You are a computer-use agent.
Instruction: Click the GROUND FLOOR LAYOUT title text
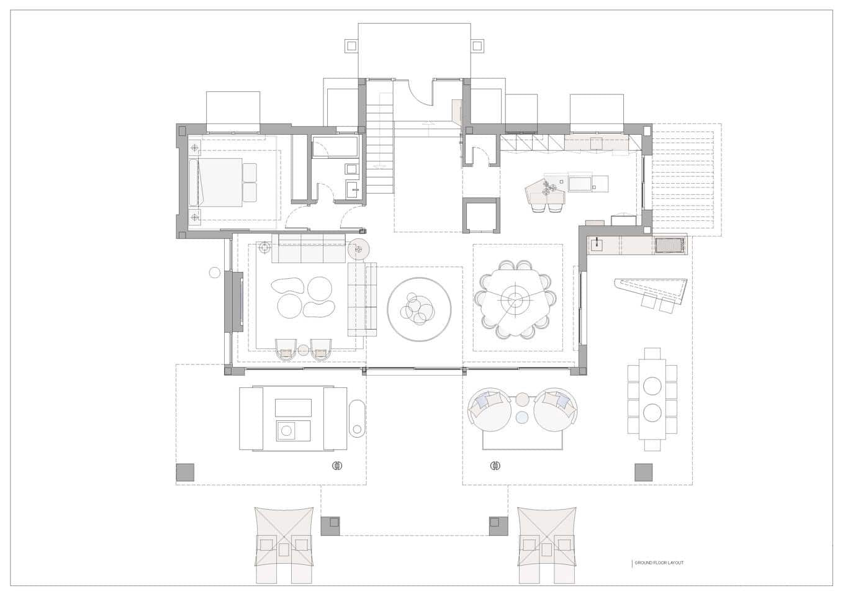click(x=659, y=563)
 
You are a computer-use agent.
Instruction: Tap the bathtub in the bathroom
click(x=335, y=148)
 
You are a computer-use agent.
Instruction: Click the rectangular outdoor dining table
click(x=652, y=399)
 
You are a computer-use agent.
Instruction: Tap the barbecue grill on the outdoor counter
click(x=670, y=245)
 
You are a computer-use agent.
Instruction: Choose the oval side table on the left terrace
click(x=357, y=418)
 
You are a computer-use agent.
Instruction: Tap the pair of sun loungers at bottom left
click(x=284, y=544)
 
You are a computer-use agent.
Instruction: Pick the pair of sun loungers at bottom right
click(x=547, y=544)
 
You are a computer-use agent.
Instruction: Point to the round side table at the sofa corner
click(x=359, y=250)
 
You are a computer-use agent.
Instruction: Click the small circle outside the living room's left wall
click(x=215, y=272)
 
